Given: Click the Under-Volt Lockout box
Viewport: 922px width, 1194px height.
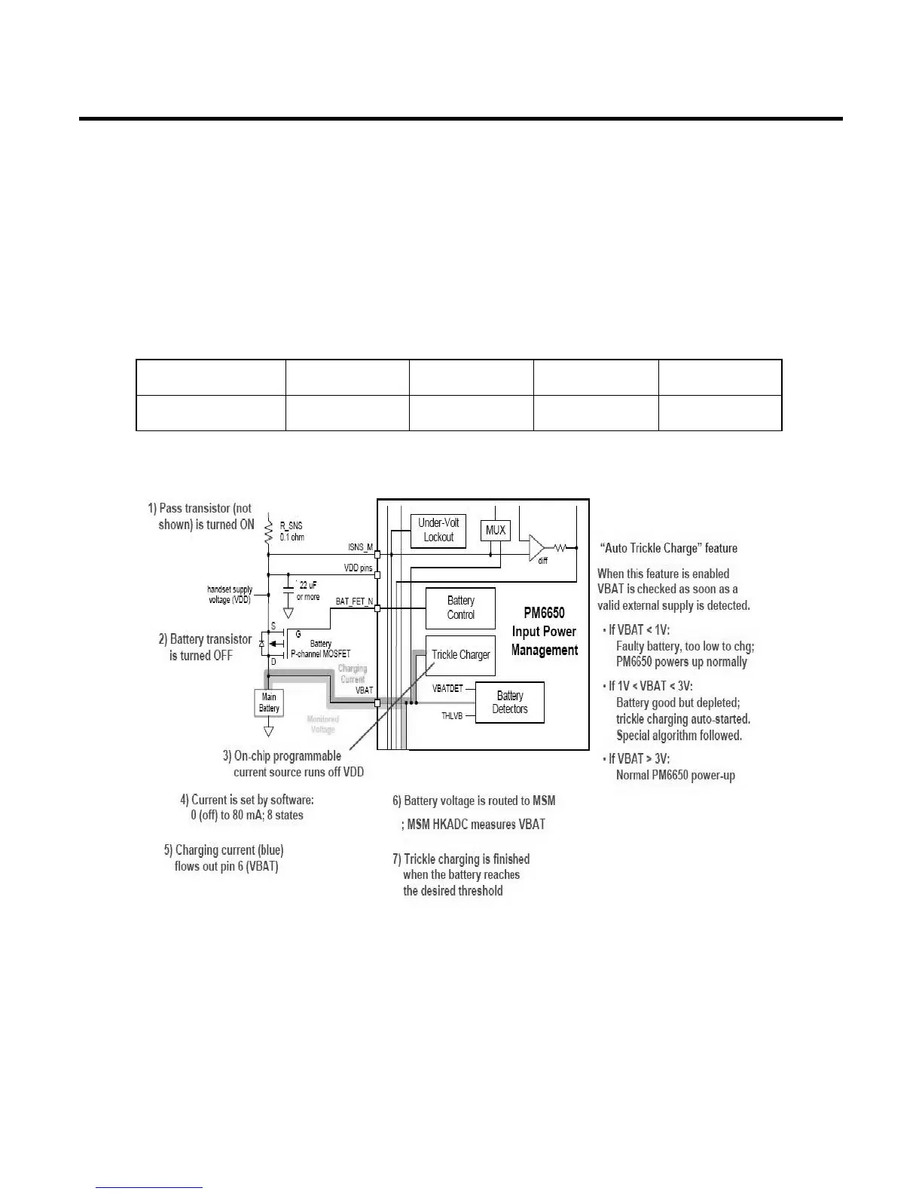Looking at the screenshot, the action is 438,530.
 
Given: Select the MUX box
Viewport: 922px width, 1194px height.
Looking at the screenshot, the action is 495,531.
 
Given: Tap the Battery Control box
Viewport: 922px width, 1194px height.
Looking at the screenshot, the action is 460,608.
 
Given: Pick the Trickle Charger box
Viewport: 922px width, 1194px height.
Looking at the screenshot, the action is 460,654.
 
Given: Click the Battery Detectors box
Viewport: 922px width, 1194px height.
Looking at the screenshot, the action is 509,702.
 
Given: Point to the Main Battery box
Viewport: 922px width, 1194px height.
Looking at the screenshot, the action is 269,703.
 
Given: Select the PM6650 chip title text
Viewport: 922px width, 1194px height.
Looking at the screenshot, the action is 544,632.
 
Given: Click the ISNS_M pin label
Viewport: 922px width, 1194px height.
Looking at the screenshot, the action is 360,548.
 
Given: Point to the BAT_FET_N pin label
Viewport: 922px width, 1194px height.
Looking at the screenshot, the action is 354,602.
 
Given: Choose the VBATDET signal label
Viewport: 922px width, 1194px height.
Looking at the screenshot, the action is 447,689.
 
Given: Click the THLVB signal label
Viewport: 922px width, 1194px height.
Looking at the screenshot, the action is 452,715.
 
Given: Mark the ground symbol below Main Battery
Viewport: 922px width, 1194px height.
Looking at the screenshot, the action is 269,730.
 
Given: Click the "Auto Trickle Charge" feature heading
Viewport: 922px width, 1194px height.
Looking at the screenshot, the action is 668,548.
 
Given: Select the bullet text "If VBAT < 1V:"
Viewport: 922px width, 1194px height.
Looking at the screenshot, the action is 639,629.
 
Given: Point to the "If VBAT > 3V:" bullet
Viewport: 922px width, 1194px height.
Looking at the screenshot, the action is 639,758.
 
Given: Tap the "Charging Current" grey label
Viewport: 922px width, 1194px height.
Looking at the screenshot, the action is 352,674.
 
